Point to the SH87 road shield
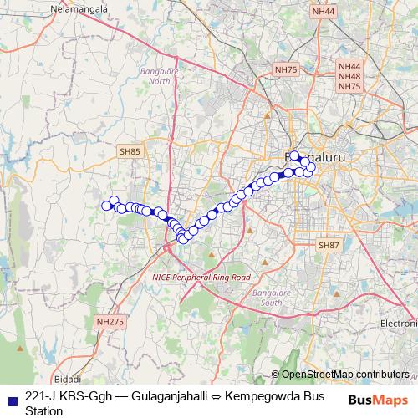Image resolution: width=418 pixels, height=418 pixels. (x=329, y=245)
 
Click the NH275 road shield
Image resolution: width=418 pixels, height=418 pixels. (x=109, y=321)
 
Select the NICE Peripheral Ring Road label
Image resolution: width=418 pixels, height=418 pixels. (x=201, y=277)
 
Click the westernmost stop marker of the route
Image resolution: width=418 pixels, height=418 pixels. (x=106, y=206)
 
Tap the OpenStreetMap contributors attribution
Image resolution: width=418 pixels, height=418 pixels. (x=344, y=375)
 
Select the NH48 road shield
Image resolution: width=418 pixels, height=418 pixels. (x=349, y=76)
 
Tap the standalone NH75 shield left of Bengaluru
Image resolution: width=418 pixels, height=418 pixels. (x=285, y=71)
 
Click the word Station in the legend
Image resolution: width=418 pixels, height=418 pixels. (x=43, y=410)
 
